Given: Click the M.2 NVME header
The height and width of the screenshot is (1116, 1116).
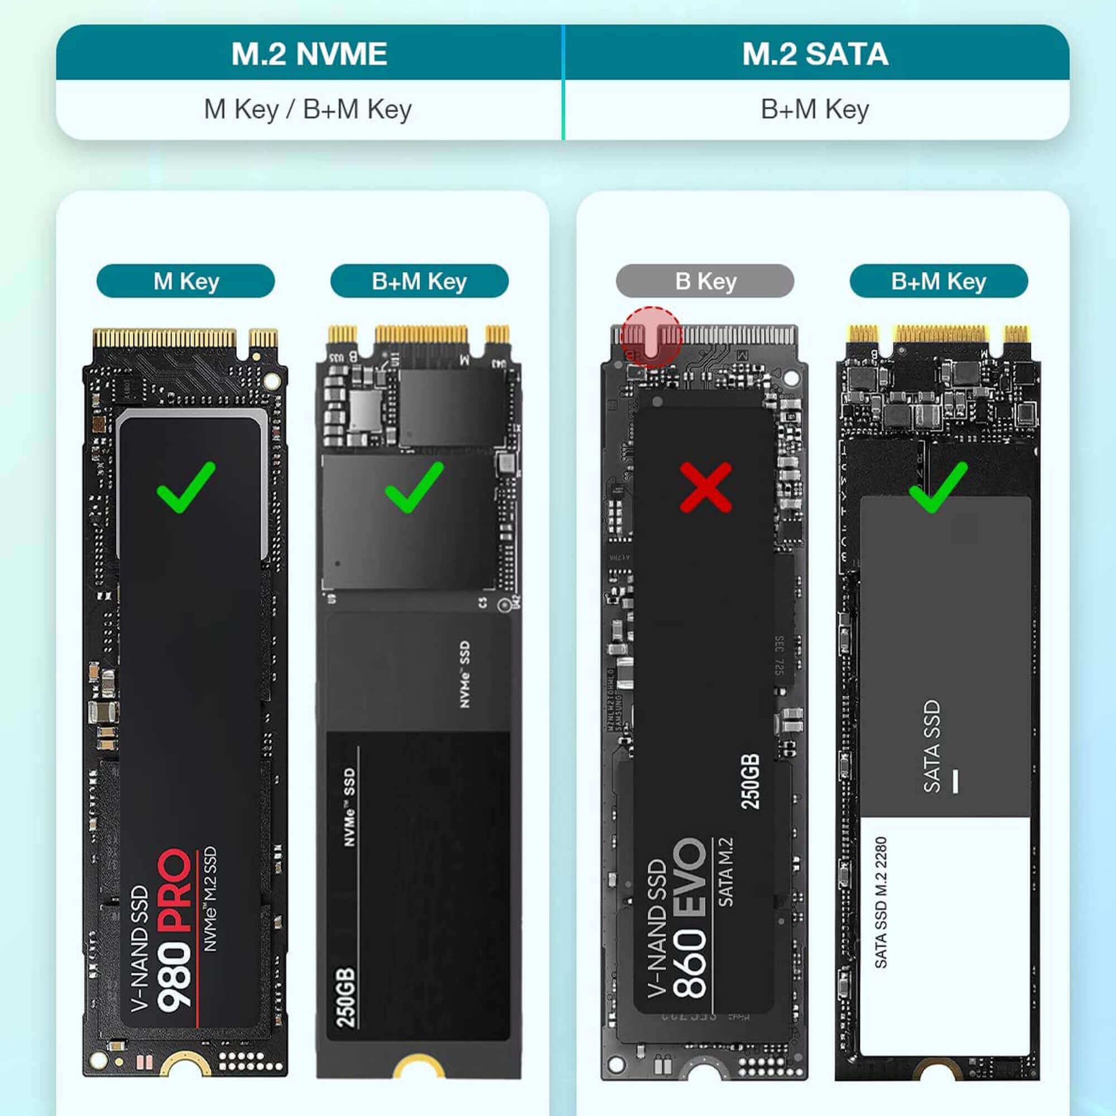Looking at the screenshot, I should [309, 54].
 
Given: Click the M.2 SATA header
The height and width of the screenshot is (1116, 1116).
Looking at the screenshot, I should [815, 54].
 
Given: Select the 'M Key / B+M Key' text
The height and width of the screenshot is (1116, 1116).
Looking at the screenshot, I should [308, 109].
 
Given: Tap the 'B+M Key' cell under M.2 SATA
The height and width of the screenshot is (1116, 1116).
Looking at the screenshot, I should [815, 109].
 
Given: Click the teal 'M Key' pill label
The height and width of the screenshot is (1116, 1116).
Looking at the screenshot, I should [185, 281].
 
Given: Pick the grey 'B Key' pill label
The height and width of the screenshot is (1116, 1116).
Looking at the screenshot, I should [705, 281].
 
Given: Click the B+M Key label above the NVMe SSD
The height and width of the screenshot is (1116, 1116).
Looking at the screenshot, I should [420, 281].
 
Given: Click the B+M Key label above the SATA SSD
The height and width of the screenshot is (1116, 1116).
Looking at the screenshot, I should [939, 281].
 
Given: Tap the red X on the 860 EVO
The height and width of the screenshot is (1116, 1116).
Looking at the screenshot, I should [706, 487].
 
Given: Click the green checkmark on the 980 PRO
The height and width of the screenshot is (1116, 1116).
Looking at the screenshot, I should [186, 487].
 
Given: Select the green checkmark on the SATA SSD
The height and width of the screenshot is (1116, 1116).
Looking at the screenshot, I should [937, 487].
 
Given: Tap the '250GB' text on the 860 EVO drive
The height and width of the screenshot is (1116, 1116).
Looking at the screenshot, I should [751, 782].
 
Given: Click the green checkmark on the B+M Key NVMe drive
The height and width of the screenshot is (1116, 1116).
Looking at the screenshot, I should [414, 487].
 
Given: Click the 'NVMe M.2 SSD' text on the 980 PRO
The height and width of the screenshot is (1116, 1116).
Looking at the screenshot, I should [210, 899].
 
